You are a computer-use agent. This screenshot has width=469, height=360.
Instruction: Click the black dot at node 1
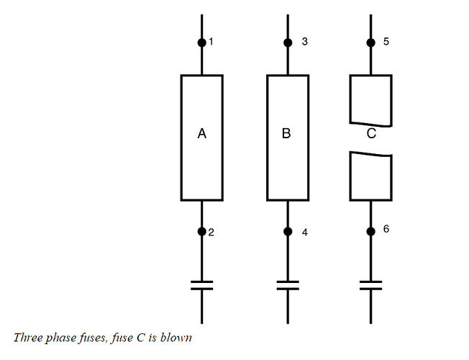click(x=201, y=42)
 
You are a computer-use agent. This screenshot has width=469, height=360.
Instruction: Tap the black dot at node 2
click(x=201, y=231)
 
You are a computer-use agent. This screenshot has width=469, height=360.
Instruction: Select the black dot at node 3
click(x=288, y=42)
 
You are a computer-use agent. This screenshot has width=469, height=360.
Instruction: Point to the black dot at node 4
click(x=288, y=231)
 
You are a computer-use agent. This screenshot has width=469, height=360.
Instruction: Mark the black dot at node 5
click(x=370, y=42)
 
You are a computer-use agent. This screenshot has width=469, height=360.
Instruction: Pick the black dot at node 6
click(x=370, y=231)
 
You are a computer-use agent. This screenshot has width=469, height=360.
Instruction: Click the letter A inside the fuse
click(x=201, y=134)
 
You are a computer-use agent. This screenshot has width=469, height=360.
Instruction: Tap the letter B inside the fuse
click(x=286, y=134)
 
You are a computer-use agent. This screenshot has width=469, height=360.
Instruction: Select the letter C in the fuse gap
click(x=370, y=134)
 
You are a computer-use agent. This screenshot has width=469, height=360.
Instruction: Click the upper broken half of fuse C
click(x=370, y=99)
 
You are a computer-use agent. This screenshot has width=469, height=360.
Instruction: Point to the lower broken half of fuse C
click(x=370, y=176)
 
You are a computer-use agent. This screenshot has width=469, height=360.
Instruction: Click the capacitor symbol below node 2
click(x=201, y=284)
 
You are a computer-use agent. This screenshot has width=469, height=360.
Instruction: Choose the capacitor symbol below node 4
click(x=288, y=284)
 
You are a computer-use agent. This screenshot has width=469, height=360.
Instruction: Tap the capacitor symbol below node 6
click(x=370, y=284)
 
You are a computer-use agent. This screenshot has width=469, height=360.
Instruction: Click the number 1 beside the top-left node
click(x=211, y=42)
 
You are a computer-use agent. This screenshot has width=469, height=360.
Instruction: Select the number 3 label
click(x=305, y=42)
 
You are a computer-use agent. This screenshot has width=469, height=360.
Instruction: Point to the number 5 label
click(x=386, y=42)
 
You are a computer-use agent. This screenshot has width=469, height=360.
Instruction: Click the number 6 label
click(x=386, y=229)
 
